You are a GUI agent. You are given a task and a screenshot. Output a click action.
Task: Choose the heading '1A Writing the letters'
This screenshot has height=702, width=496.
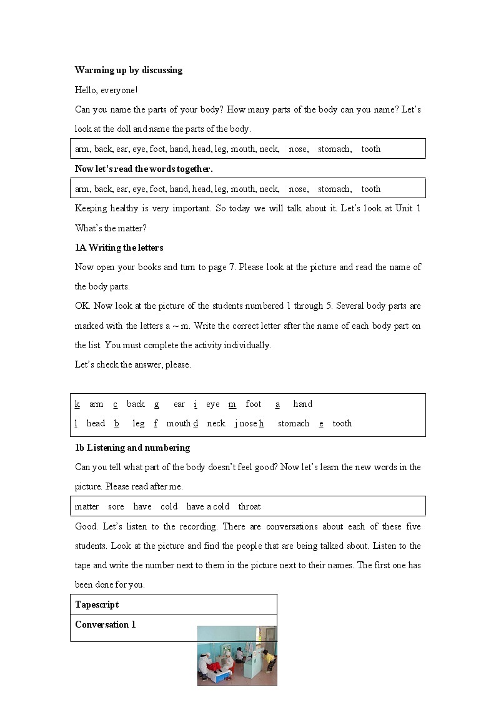(x=119, y=248)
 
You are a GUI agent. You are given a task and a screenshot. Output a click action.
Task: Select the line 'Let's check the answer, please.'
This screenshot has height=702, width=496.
(x=132, y=364)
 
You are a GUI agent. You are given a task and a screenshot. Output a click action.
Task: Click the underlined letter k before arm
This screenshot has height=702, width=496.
(x=77, y=404)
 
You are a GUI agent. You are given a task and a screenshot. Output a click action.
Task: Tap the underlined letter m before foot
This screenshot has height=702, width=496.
(x=232, y=404)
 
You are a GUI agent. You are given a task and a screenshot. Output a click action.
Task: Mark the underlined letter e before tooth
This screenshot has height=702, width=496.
(x=321, y=423)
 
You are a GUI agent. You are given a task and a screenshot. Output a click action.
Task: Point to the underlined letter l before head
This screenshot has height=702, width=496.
(x=76, y=423)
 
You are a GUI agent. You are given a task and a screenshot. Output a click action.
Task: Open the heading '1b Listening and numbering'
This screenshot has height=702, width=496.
(x=132, y=448)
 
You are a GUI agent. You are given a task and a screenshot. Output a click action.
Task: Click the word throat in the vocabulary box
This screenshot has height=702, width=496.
(x=249, y=506)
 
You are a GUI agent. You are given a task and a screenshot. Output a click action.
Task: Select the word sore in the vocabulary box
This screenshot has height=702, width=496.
(x=116, y=506)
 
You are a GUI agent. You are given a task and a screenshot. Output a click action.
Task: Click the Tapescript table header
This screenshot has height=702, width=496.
(x=97, y=604)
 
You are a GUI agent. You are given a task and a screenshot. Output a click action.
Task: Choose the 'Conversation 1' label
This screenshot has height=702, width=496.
(x=105, y=624)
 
